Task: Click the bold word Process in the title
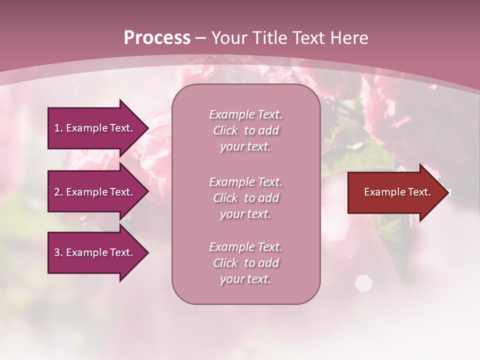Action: click(157, 38)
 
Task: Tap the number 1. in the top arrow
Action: click(58, 128)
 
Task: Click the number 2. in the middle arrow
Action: click(58, 192)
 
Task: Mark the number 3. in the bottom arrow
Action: click(58, 252)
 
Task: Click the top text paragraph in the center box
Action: click(245, 130)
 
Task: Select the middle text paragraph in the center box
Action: click(245, 198)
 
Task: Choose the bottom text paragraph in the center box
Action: click(245, 263)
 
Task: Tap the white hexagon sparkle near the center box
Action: click(363, 283)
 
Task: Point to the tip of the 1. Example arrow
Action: click(147, 128)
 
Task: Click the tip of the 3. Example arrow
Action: click(147, 252)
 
